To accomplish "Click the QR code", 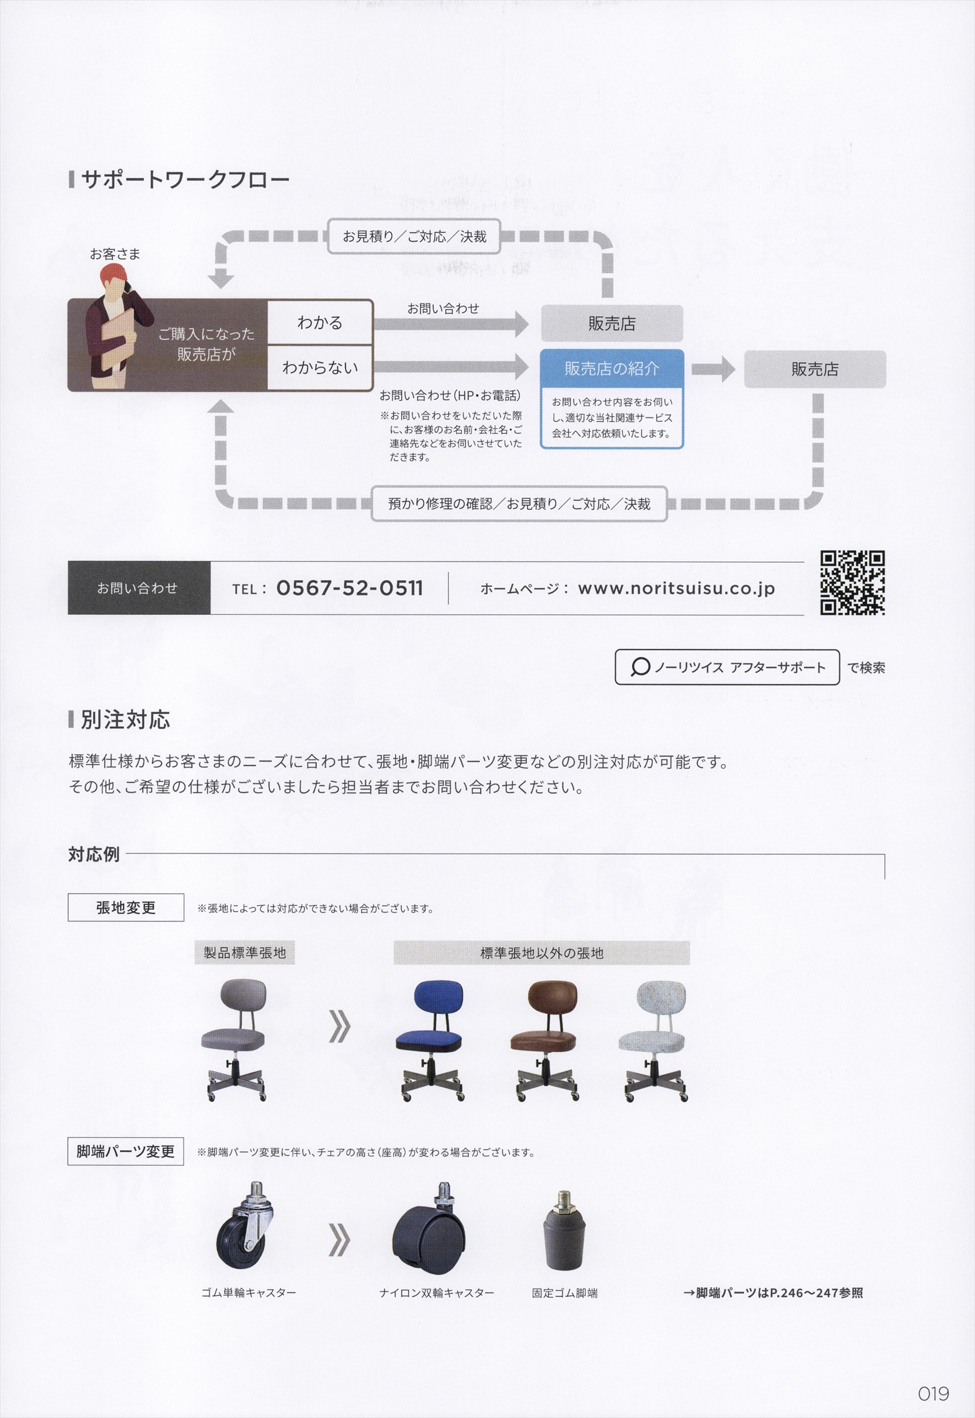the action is coord(852,583).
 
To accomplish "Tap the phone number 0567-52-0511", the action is coord(349,588).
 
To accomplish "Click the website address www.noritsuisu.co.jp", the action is coord(676,588).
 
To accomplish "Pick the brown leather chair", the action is coord(545,1041).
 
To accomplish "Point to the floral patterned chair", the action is coord(654,1041).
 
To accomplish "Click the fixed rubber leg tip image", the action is coord(564,1230).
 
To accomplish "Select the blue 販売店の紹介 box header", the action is coord(612,368).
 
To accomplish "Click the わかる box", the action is coord(320,322).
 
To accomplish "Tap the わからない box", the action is coord(320,368).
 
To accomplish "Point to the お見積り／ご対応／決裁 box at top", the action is coord(414,236).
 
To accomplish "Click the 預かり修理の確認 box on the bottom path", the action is coord(519,504).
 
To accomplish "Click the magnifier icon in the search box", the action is coord(639,667).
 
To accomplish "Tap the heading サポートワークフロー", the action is coord(185,180).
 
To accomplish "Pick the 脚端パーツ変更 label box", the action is coord(125,1152).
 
